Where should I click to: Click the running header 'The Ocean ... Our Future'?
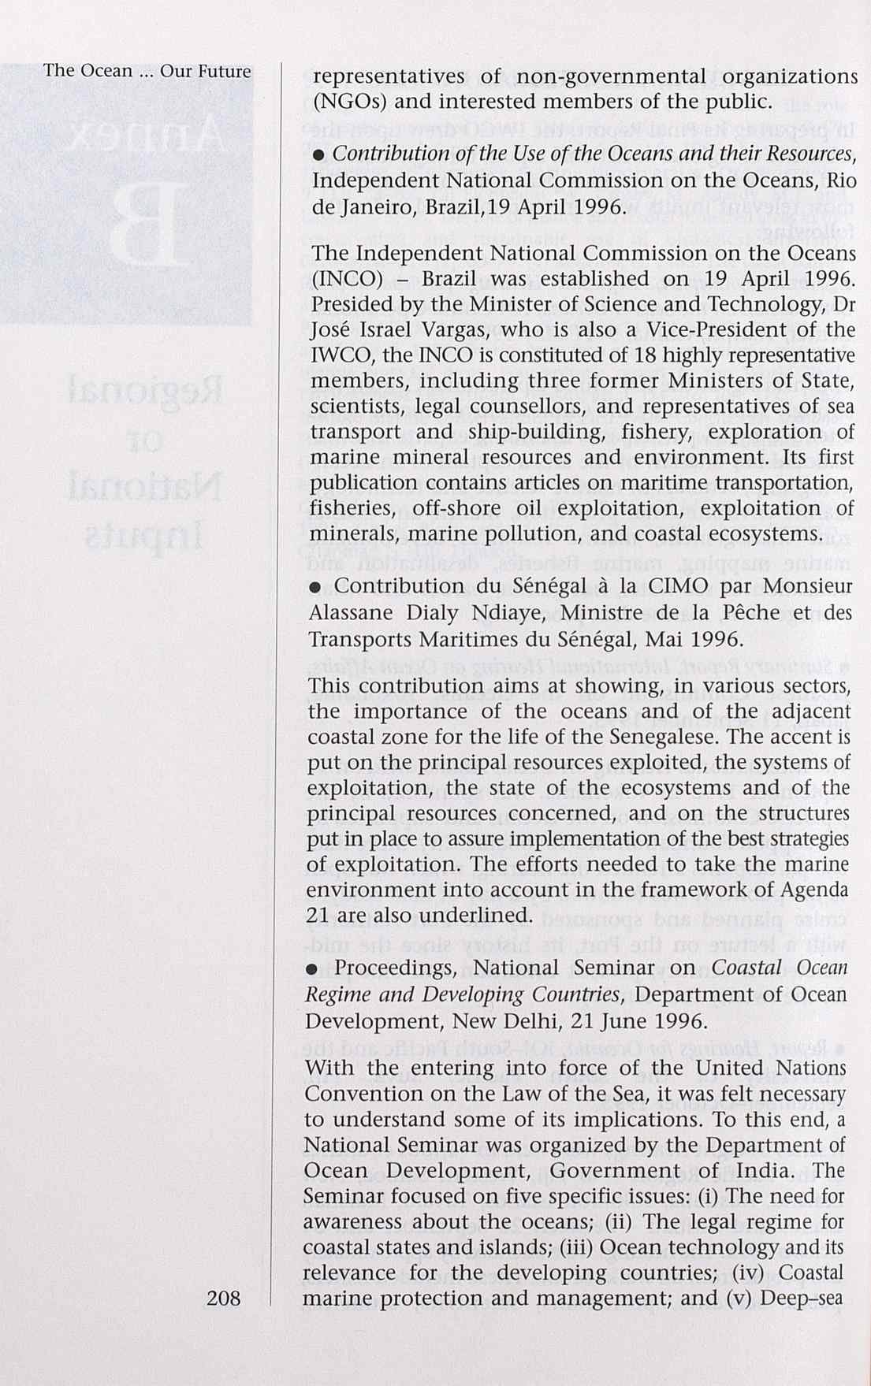(147, 71)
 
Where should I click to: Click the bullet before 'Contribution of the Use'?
(318, 155)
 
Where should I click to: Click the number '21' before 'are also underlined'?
(318, 916)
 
